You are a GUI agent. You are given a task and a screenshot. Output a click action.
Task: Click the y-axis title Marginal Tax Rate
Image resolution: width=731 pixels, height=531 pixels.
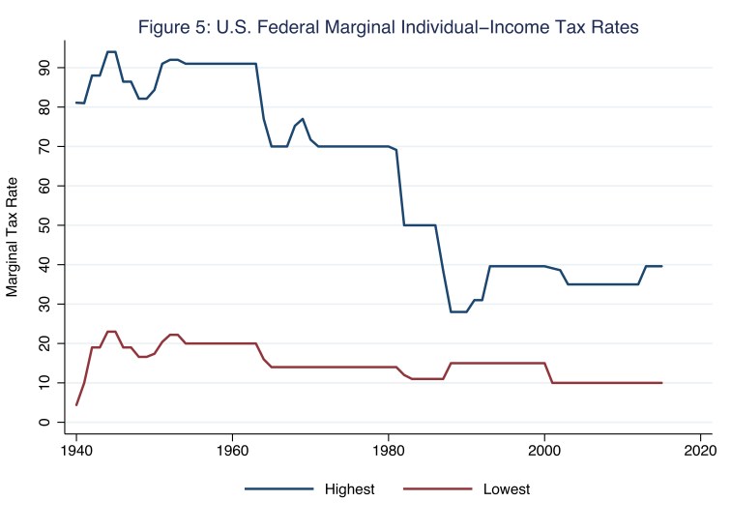[x=13, y=235]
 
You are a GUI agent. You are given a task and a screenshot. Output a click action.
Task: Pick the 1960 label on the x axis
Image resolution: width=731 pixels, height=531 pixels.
[x=232, y=450]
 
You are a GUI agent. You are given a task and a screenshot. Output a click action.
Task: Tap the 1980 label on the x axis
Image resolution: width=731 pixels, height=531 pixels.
[x=389, y=450]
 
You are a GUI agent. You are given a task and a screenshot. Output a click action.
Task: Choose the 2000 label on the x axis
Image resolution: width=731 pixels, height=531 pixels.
[x=544, y=450]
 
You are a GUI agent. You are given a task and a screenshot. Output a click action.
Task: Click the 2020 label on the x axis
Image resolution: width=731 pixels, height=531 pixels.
[x=700, y=450]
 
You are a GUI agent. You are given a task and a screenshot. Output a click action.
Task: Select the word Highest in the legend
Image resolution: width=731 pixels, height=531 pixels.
[x=349, y=490]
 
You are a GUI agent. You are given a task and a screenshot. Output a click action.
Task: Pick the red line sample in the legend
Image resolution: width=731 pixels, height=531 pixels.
[x=436, y=490]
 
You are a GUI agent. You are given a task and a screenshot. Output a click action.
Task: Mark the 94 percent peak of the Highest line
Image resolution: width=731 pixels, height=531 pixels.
[x=111, y=51]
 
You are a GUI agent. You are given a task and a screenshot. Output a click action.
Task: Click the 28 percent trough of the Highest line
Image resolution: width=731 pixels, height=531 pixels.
[x=458, y=311]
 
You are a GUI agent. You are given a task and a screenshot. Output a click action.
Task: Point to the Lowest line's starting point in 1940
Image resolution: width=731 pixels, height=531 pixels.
[x=76, y=405]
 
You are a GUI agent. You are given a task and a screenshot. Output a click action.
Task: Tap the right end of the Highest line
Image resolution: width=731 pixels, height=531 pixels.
[x=661, y=266]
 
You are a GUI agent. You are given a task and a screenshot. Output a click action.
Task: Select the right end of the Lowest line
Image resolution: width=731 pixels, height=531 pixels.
[x=661, y=383]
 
